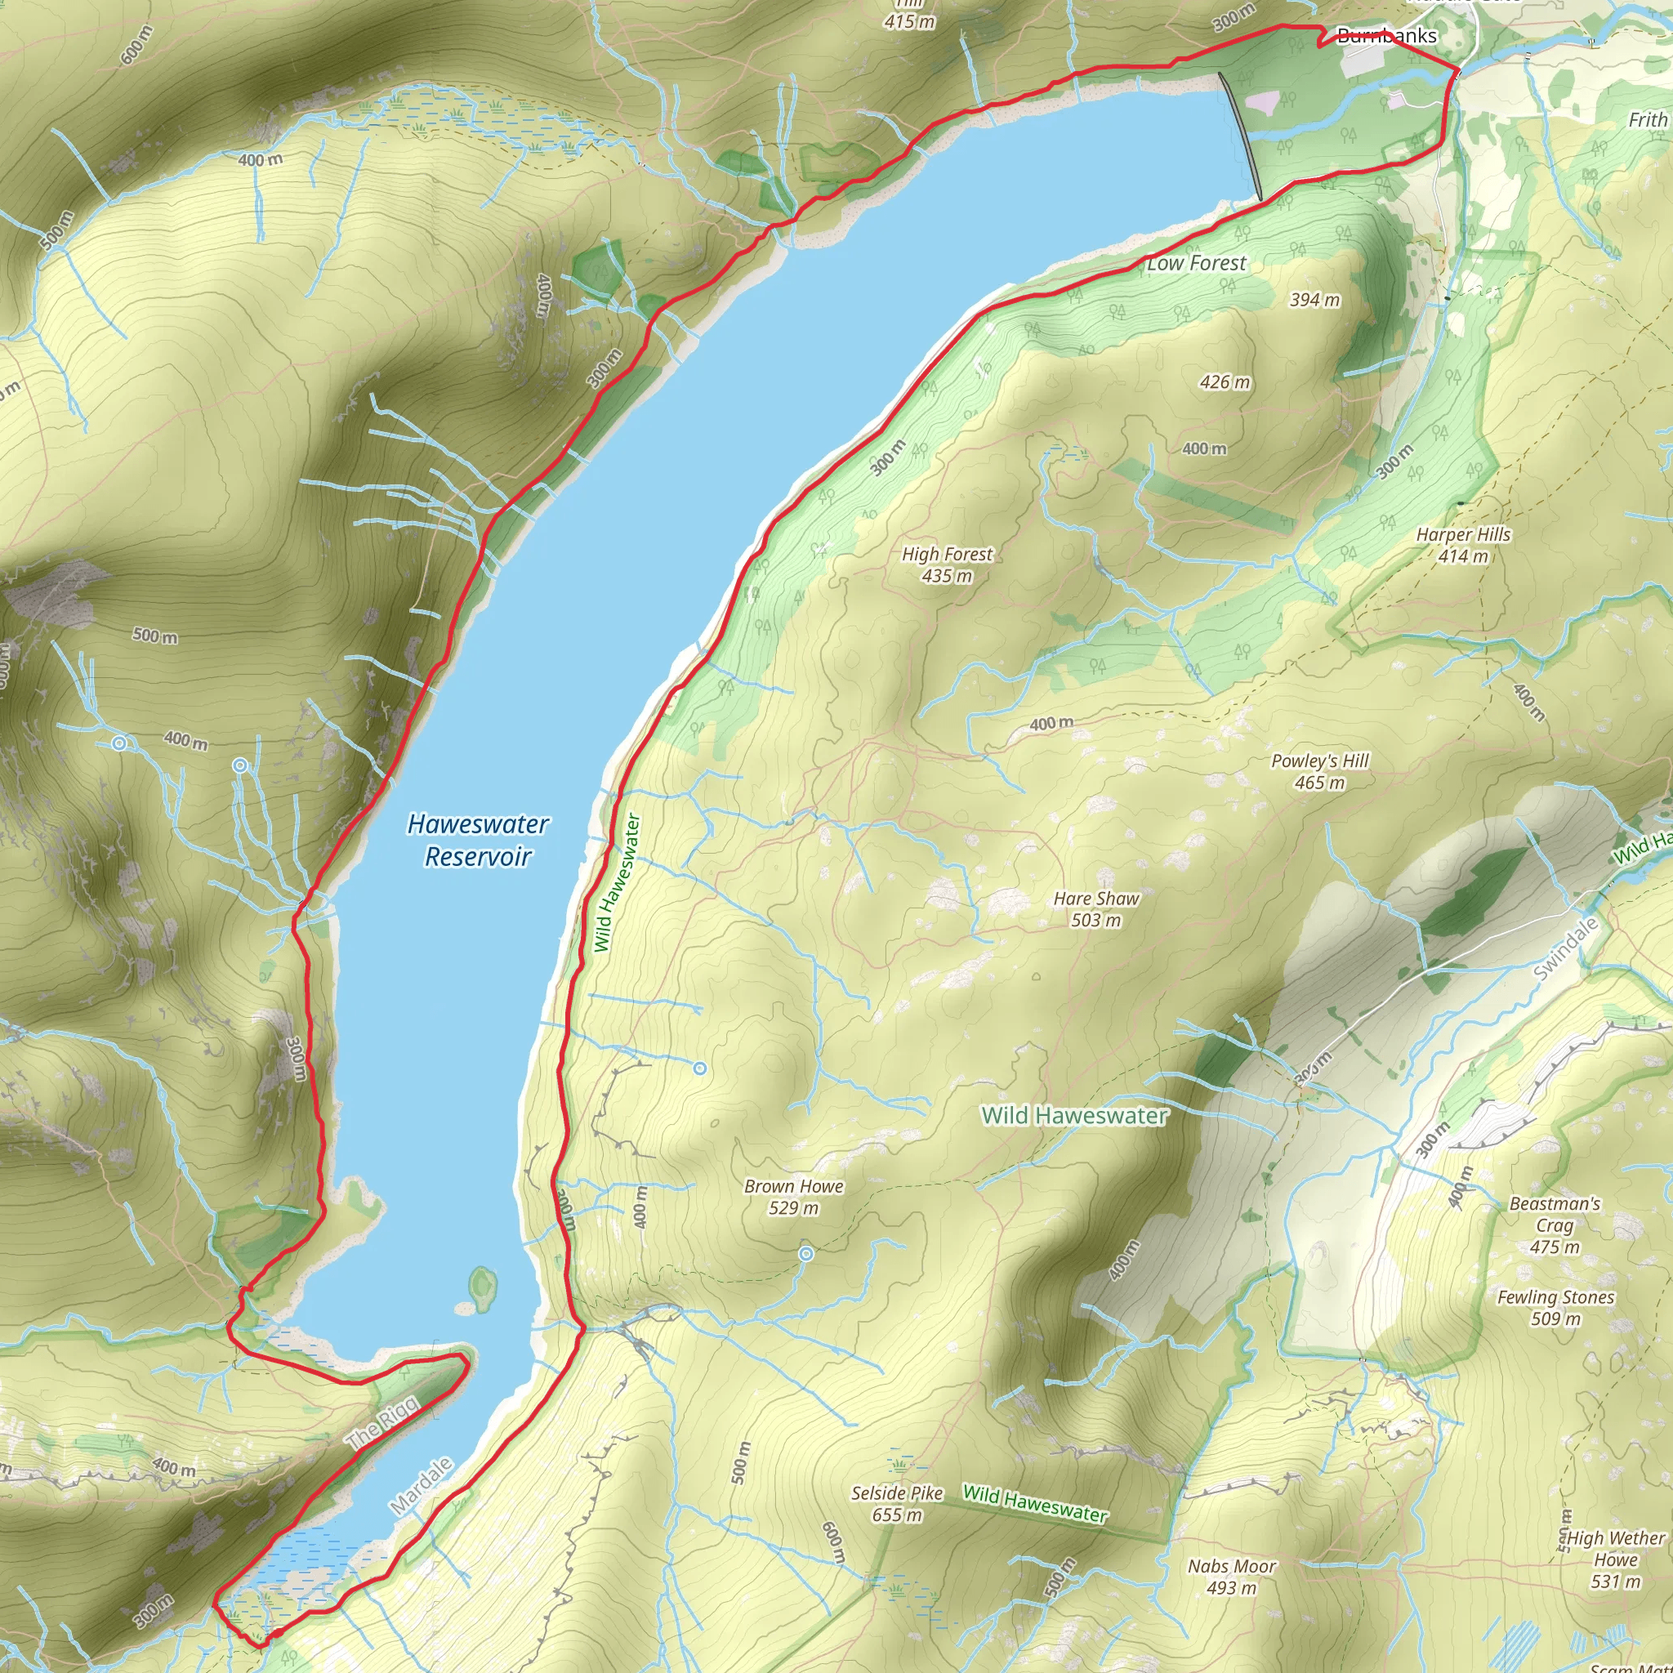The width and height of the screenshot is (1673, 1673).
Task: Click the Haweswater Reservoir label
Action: [477, 839]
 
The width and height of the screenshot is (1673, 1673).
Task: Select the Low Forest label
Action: [1197, 263]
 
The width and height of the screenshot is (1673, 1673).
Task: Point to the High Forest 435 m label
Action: [947, 564]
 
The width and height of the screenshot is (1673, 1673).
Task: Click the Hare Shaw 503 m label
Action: [1096, 909]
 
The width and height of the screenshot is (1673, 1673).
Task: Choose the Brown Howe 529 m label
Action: [793, 1197]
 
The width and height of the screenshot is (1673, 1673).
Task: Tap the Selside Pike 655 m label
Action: [896, 1503]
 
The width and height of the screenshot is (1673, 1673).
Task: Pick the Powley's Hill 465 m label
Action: [1320, 771]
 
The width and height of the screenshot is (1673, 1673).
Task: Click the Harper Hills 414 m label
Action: [1463, 546]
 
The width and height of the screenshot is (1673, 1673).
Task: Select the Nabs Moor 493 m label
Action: [1231, 1577]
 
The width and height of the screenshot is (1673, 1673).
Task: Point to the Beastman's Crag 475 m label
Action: [1555, 1225]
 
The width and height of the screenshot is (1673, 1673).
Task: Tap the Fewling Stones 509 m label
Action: [1556, 1308]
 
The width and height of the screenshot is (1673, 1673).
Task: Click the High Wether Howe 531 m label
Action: [1616, 1559]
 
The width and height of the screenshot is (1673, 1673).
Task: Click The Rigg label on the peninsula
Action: [383, 1423]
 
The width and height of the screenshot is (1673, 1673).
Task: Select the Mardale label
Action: [421, 1486]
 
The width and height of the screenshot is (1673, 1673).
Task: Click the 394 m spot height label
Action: [1314, 300]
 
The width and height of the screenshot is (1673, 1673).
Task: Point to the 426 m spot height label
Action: [1225, 381]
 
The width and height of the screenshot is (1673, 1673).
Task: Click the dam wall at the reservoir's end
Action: [1240, 134]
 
